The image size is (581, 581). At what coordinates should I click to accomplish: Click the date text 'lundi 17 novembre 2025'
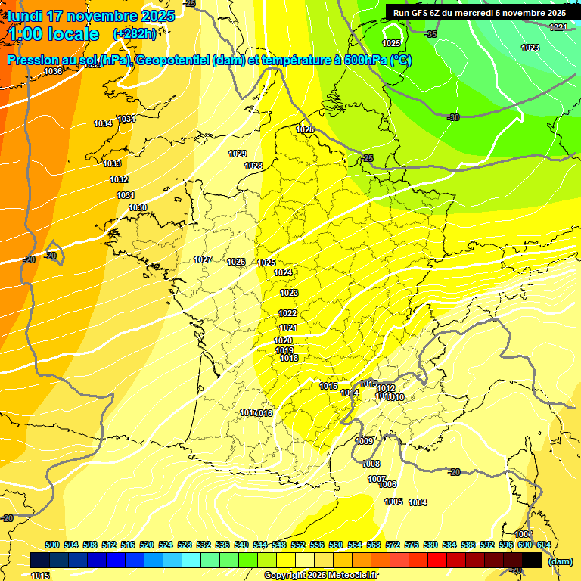click(91, 16)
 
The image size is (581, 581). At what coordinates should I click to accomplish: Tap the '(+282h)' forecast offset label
click(135, 34)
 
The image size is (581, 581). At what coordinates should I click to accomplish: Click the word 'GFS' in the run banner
click(429, 13)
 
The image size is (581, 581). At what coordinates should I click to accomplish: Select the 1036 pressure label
click(53, 71)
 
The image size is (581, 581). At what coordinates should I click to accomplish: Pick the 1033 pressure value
click(112, 163)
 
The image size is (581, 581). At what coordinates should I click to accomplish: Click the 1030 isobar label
click(138, 207)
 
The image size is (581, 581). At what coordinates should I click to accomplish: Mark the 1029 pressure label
click(238, 154)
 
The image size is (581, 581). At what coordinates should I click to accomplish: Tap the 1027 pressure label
click(203, 259)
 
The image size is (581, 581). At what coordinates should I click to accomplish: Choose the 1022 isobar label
click(287, 313)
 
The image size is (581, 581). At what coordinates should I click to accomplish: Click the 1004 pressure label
click(418, 502)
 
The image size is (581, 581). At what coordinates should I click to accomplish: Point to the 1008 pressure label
click(371, 464)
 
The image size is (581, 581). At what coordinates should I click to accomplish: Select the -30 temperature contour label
click(454, 117)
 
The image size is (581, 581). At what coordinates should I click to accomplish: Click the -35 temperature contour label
click(431, 34)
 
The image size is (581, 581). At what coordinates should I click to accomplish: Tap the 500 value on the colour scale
click(52, 545)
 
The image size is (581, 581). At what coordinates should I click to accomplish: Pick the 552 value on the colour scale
click(298, 545)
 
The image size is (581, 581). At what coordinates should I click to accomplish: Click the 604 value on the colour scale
click(544, 545)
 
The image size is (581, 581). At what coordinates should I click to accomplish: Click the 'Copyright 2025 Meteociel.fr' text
click(321, 575)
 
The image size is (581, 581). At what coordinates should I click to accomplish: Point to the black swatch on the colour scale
click(532, 560)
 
